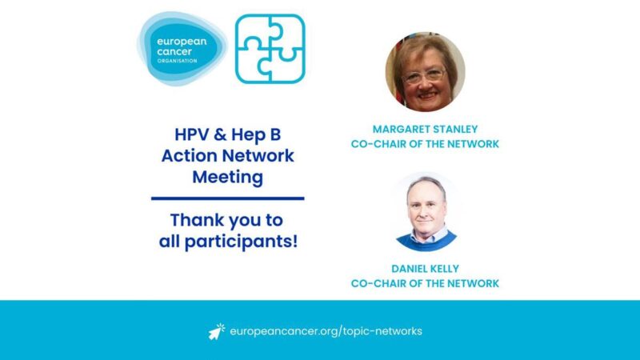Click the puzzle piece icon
click(x=270, y=49)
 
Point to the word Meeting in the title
click(x=228, y=176)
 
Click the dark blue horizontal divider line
click(x=228, y=198)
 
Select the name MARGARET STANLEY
click(x=425, y=129)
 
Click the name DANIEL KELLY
click(x=425, y=269)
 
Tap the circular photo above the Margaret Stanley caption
click(x=425, y=72)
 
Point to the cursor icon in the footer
click(x=217, y=330)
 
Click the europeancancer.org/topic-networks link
click(x=326, y=331)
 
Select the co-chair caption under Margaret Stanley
click(x=425, y=144)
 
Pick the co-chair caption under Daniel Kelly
click(x=425, y=283)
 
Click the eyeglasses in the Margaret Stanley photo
click(x=424, y=74)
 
